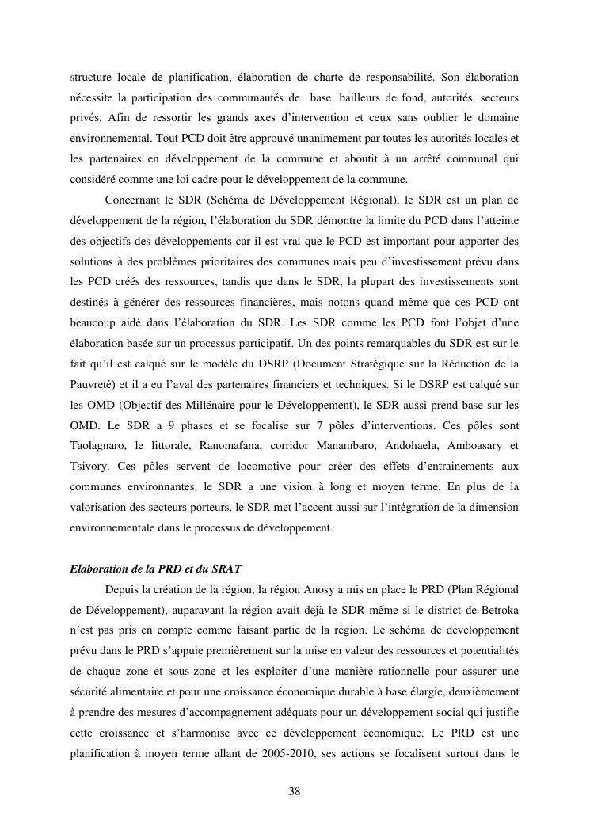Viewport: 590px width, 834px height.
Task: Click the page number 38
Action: [295, 791]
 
